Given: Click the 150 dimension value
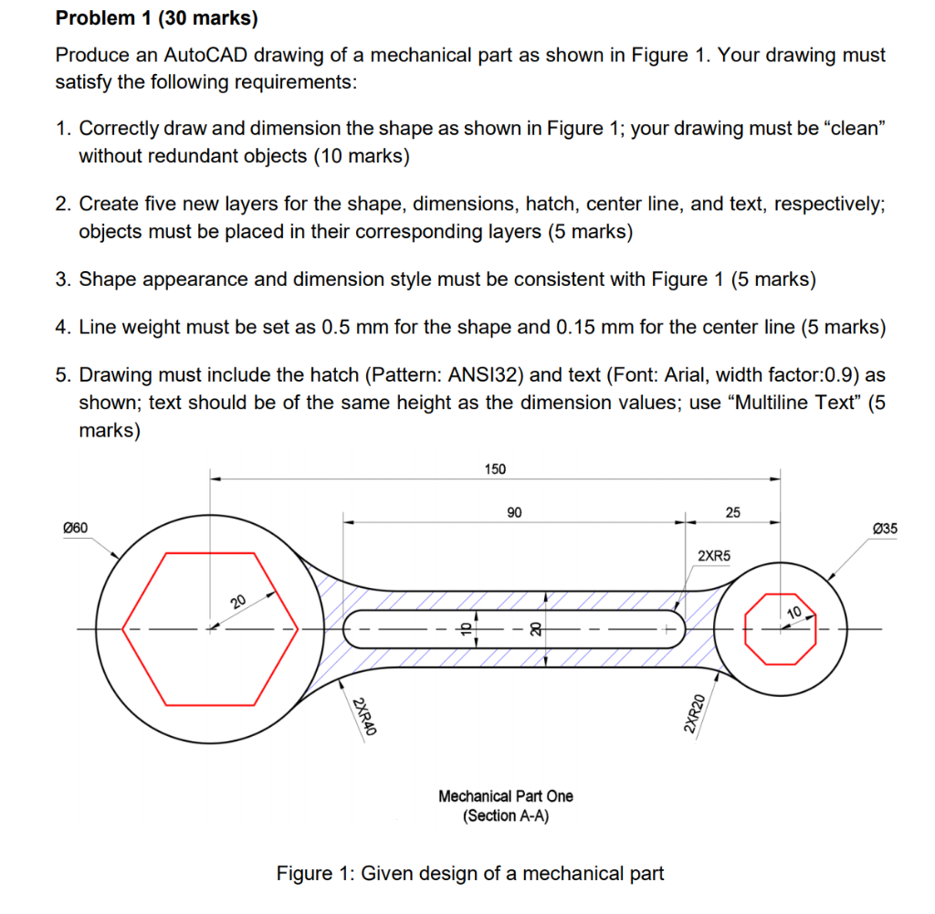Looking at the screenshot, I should [494, 469].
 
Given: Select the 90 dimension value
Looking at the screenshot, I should [514, 513].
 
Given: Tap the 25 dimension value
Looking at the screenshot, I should [733, 513].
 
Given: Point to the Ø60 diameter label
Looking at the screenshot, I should [74, 528].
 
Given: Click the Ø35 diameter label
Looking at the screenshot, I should [885, 528].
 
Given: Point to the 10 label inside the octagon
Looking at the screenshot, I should [793, 611].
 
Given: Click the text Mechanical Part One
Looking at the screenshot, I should [506, 796].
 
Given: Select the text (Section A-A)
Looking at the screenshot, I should [506, 815].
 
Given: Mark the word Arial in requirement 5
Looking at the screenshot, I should [709, 375].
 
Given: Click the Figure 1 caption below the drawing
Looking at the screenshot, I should [470, 874].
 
